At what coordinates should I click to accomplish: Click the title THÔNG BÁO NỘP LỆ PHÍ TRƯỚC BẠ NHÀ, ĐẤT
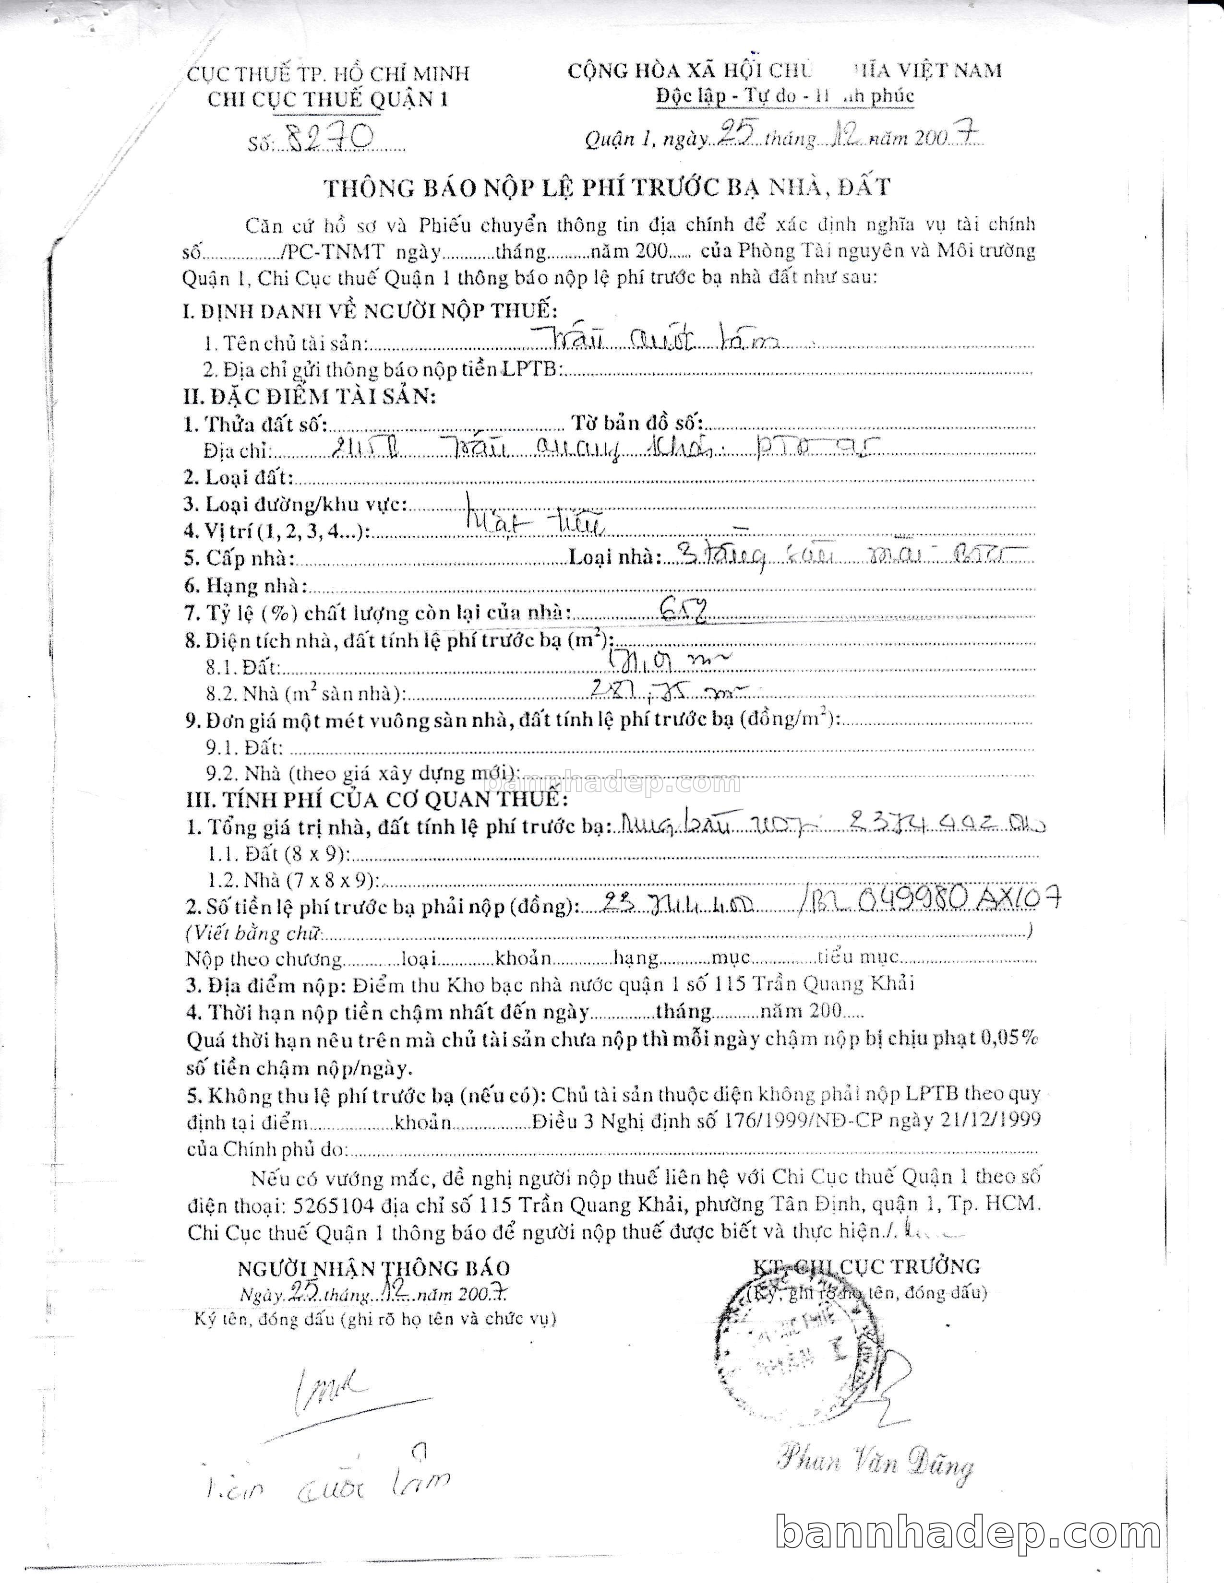(x=606, y=187)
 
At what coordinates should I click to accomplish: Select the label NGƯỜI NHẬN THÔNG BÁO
(x=373, y=1268)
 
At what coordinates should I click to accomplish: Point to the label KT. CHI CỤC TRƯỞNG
(x=866, y=1266)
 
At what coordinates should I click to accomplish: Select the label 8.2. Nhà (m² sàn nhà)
(x=304, y=694)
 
